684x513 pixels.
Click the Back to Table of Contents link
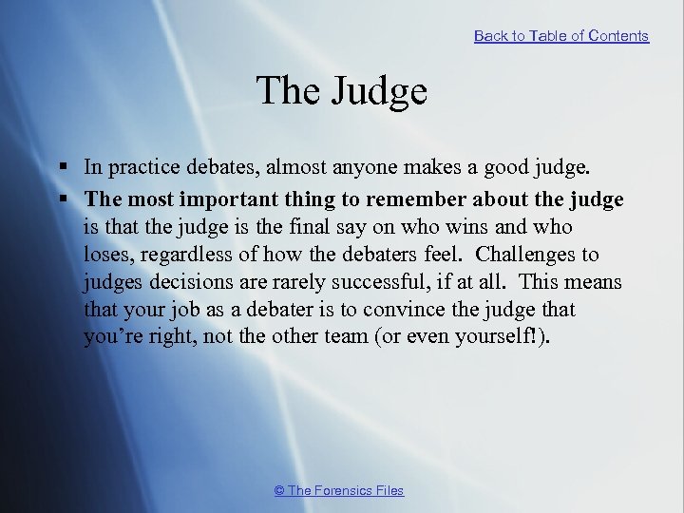click(x=560, y=36)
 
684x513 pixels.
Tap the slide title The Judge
click(x=341, y=91)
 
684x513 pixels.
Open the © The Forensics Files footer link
click(x=338, y=490)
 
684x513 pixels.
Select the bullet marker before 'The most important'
click(x=62, y=199)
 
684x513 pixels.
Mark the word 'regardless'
click(x=182, y=256)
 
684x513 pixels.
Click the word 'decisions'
click(x=183, y=283)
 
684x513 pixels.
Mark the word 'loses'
click(x=104, y=255)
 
